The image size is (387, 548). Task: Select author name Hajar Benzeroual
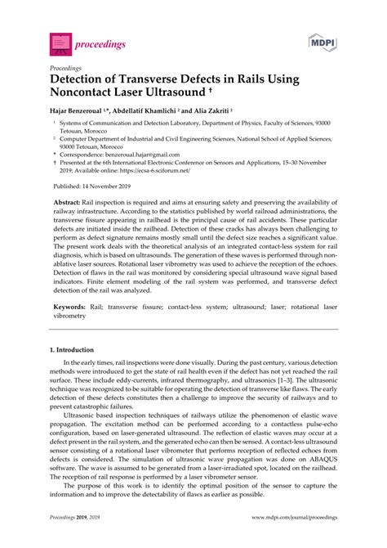83,109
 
